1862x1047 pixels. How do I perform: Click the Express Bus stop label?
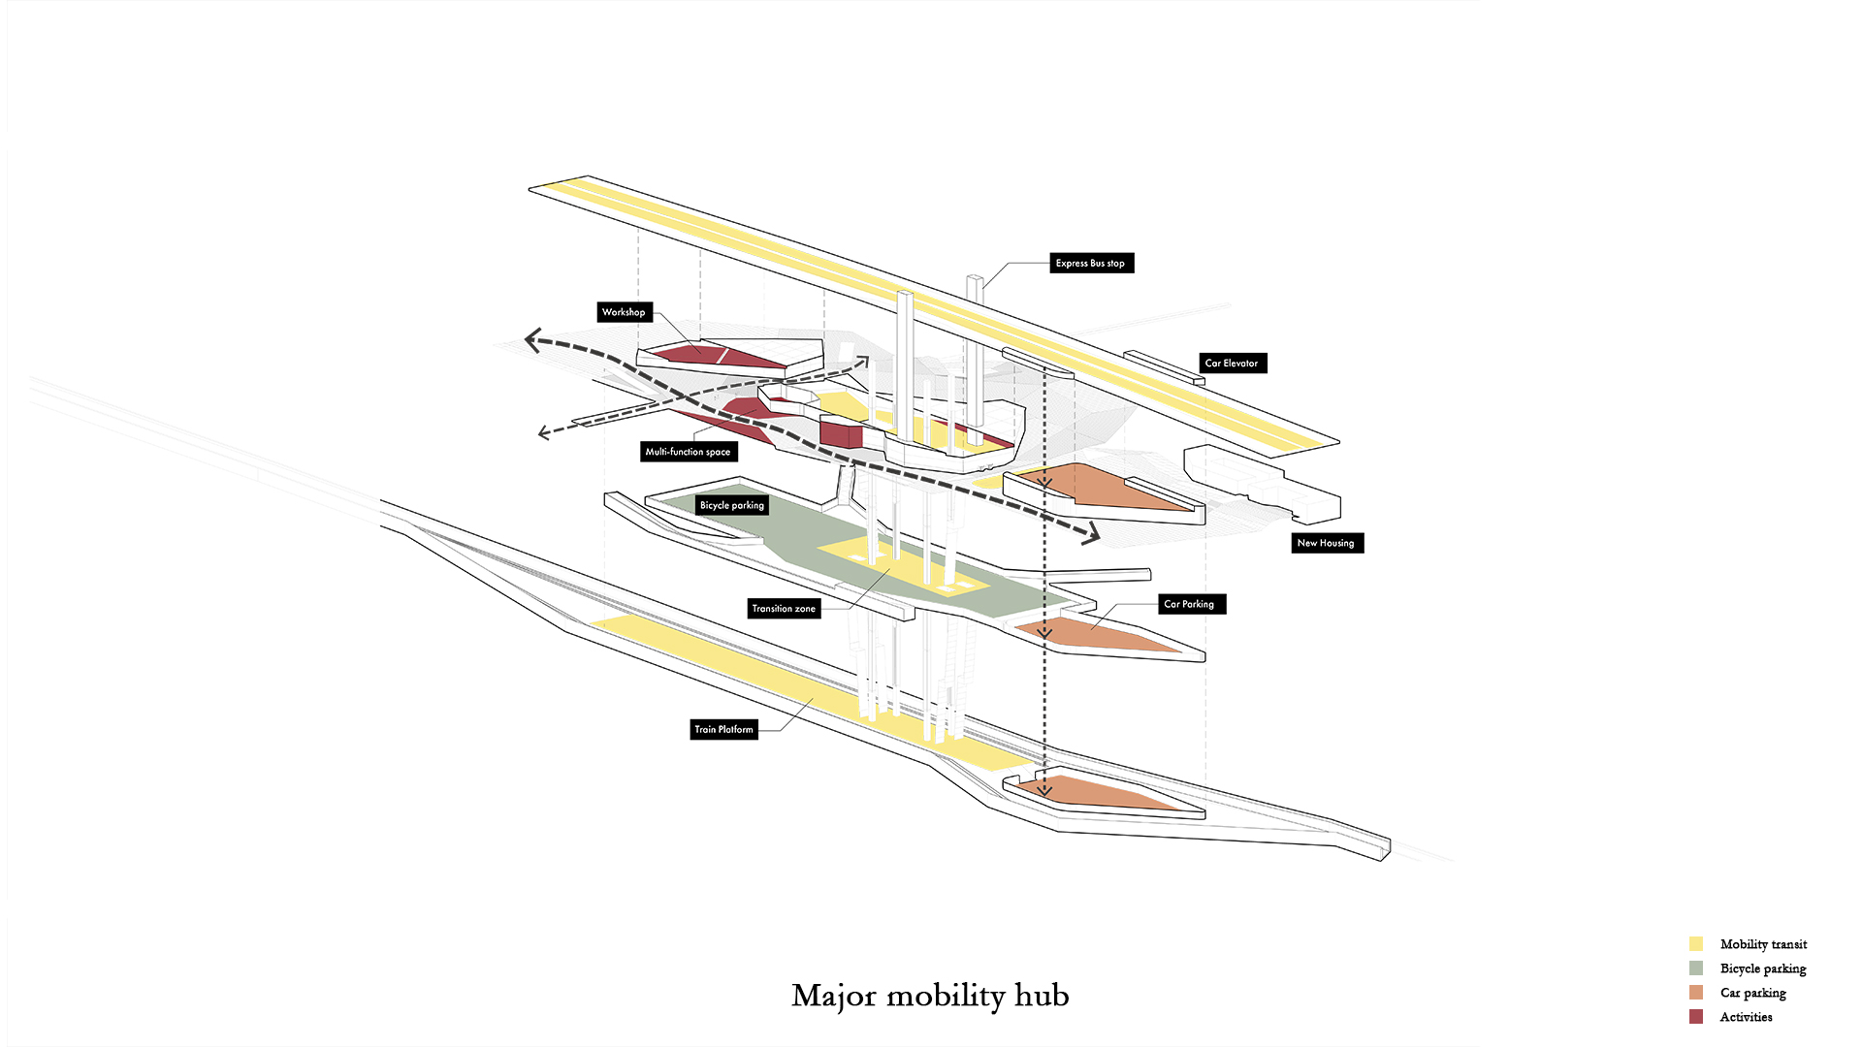tap(1091, 263)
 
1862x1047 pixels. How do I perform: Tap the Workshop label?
tap(624, 312)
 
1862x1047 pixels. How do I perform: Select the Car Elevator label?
tap(1232, 364)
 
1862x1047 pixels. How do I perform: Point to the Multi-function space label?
tap(689, 452)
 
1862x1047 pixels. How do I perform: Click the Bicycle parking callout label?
tap(732, 505)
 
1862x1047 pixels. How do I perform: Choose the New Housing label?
tap(1326, 543)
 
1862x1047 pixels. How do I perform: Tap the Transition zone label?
tap(785, 609)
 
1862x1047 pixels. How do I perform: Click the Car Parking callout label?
tap(1190, 604)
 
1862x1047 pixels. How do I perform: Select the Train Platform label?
tap(723, 729)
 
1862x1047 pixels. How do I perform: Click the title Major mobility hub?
tap(930, 996)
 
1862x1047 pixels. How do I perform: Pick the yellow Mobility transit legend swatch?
tap(1696, 944)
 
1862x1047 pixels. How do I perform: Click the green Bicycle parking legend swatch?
tap(1696, 968)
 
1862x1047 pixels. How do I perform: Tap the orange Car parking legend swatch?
tap(1696, 993)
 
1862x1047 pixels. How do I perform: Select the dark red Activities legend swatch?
tap(1696, 1017)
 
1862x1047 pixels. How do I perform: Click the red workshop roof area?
tap(718, 356)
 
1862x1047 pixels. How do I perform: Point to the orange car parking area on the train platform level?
tap(1096, 792)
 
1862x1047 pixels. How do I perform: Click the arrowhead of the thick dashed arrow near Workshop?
tap(532, 339)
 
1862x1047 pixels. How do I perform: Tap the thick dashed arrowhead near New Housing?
tap(1094, 532)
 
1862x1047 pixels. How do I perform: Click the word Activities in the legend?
tap(1746, 1017)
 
